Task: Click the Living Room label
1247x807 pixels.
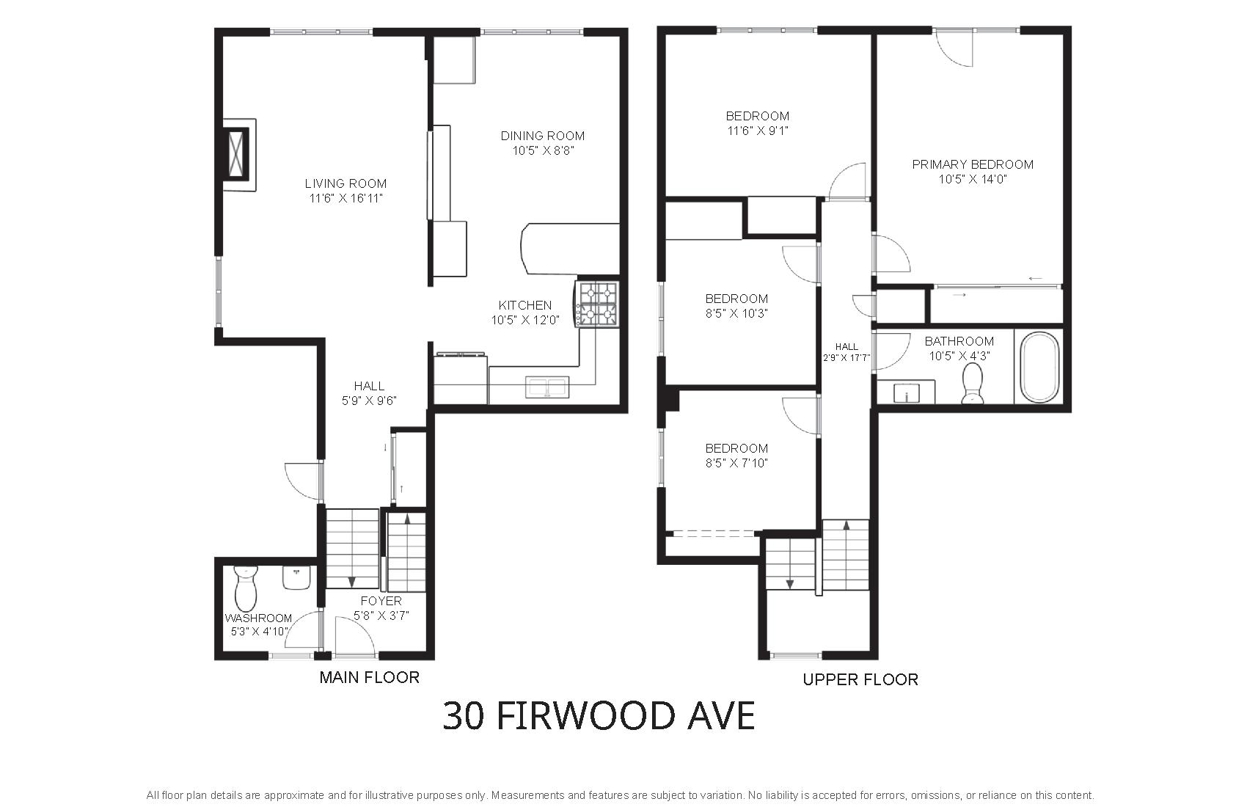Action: click(345, 183)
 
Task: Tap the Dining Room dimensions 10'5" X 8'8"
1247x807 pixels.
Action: click(543, 150)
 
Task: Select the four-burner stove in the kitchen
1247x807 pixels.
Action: click(598, 304)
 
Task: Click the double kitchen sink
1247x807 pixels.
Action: click(547, 387)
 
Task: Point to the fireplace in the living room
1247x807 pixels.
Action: click(239, 154)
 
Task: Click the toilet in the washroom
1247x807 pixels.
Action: click(246, 588)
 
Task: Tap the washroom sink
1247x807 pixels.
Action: click(296, 577)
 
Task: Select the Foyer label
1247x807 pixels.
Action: click(381, 601)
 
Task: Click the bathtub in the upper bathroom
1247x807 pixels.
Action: click(1039, 367)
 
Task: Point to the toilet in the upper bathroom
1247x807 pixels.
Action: click(973, 383)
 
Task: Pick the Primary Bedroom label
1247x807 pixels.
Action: click(973, 164)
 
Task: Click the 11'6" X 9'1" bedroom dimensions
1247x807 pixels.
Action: click(758, 131)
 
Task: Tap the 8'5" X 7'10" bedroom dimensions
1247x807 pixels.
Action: click(736, 463)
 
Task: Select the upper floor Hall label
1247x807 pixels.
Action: click(846, 346)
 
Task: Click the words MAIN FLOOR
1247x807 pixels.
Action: click(369, 677)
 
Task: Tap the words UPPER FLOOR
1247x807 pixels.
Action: click(860, 679)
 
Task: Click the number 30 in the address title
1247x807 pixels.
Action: click(464, 716)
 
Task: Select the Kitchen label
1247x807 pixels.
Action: click(525, 305)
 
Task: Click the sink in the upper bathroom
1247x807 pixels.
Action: click(907, 392)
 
